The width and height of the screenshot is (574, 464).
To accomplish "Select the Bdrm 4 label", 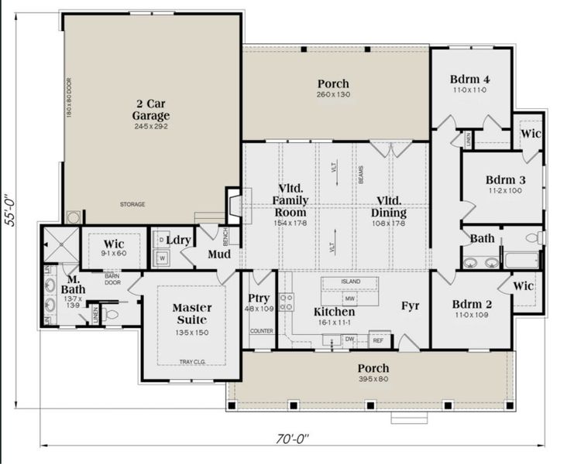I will tap(469, 80).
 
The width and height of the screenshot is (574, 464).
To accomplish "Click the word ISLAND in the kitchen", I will tap(351, 281).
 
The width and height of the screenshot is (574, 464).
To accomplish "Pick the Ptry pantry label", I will tap(259, 299).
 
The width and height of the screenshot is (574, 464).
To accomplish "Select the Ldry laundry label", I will tap(179, 241).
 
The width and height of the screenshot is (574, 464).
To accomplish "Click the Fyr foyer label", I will tap(410, 306).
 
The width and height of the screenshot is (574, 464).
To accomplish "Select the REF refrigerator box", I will tap(379, 339).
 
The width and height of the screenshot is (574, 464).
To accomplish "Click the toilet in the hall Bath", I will tap(534, 237).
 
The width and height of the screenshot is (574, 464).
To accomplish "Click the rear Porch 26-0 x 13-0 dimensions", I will tap(333, 94).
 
